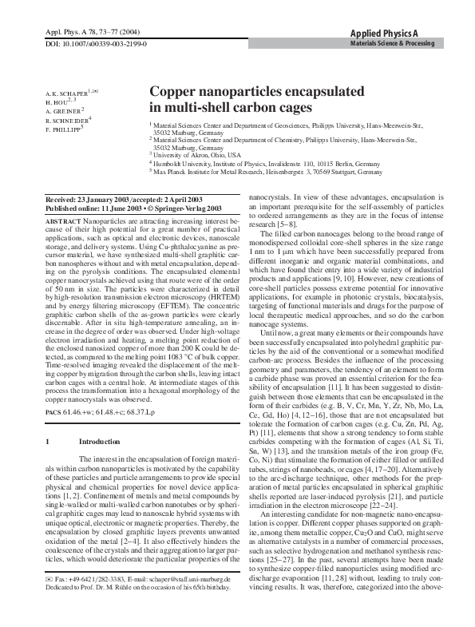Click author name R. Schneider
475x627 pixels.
pos(66,120)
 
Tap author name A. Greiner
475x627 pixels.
pos(64,111)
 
